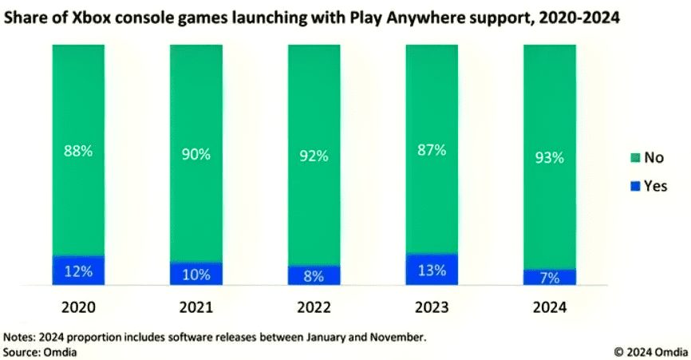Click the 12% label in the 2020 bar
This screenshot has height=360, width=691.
77,271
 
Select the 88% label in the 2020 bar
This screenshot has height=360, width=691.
77,149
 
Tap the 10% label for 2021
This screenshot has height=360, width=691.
195,275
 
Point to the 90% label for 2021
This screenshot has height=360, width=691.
195,155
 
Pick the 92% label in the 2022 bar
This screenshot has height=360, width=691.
314,156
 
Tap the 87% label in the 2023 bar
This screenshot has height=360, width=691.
432,149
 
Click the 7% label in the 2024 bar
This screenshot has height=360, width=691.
550,278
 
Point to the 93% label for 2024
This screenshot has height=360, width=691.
550,157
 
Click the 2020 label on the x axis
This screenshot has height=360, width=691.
77,307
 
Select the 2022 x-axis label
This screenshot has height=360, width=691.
314,307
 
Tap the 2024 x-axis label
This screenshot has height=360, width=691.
550,307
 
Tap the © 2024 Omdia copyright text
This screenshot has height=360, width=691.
650,350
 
